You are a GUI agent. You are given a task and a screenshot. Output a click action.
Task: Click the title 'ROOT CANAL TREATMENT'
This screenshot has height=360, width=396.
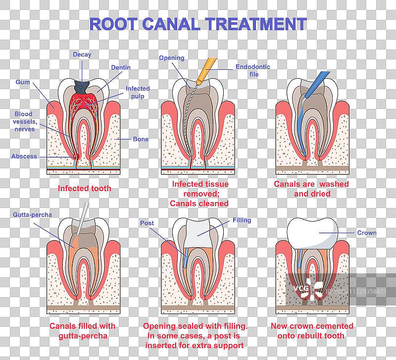click(x=198, y=23)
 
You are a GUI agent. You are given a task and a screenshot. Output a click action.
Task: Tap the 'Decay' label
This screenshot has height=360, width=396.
click(x=82, y=54)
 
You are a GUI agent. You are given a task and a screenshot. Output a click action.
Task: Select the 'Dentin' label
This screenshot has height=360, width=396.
click(x=121, y=67)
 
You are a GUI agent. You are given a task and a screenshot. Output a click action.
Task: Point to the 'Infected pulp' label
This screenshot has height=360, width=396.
click(x=137, y=92)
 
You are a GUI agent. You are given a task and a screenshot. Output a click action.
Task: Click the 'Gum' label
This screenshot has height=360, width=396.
click(x=23, y=82)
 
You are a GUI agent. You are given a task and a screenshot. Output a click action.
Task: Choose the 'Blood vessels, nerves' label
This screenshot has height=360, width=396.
click(x=25, y=121)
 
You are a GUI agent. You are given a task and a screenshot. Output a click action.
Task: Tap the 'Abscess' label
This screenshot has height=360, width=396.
click(x=24, y=156)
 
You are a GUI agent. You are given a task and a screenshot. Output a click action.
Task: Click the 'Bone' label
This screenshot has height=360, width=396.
click(x=141, y=139)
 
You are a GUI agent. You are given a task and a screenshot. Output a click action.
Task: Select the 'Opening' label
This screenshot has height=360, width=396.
click(x=171, y=58)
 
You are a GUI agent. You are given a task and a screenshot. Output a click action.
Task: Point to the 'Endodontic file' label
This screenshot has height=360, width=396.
click(x=253, y=70)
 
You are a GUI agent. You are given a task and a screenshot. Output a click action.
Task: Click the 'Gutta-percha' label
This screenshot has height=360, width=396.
click(x=34, y=214)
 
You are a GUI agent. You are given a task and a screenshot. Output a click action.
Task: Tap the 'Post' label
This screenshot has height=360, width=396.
click(x=147, y=223)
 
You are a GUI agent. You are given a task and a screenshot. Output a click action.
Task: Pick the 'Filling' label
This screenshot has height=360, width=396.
click(x=242, y=220)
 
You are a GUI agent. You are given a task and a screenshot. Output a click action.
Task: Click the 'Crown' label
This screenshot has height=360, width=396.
click(x=366, y=232)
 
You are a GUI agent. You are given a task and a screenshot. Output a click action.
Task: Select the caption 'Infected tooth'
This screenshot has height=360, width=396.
click(x=85, y=188)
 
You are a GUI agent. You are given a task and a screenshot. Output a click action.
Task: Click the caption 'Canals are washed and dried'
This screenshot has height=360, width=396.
click(x=311, y=189)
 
